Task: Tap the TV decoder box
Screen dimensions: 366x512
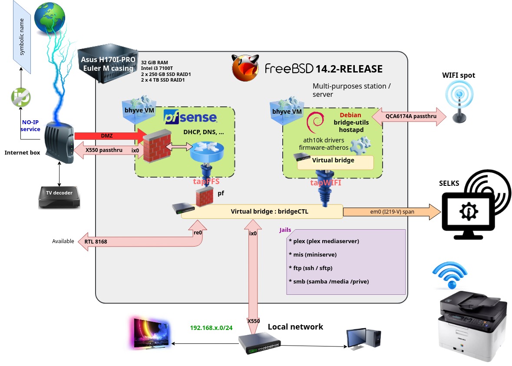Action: coord(59,198)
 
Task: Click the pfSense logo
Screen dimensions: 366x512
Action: coord(190,117)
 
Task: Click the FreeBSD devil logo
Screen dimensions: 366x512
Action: coord(245,68)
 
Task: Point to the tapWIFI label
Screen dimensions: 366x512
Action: coord(326,183)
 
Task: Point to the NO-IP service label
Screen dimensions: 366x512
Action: coord(30,126)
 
